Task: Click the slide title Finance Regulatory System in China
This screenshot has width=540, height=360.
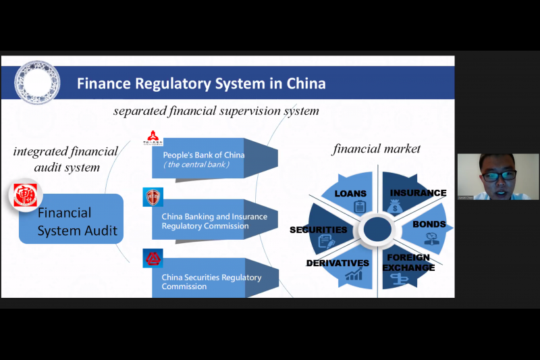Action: coord(201,84)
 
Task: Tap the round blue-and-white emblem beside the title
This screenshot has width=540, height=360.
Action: coord(37,81)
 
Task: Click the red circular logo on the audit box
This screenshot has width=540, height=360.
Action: coord(24,195)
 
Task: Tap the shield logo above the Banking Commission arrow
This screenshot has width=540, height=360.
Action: coord(153,197)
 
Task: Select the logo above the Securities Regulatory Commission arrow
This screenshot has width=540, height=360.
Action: coord(153,257)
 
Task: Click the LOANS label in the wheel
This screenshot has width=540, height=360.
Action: coord(350,194)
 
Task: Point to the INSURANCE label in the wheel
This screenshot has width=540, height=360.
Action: coord(418,193)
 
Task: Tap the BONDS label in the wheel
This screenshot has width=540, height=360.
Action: coord(429,224)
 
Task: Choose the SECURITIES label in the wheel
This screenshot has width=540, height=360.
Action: coord(318,230)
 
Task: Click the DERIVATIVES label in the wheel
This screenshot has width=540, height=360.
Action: coord(337,263)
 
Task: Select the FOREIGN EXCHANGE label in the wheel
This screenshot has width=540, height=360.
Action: coord(408,262)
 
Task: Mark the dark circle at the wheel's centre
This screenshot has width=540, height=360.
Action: coord(376,230)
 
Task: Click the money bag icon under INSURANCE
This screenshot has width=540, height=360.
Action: coord(396,207)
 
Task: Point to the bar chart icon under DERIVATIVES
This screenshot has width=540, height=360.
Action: coord(354,274)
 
